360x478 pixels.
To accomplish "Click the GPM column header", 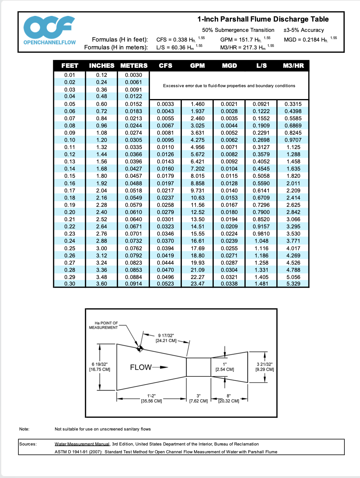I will coord(197,66).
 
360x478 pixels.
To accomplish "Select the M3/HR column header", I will coord(293,66).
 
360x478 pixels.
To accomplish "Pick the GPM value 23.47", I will coord(197,284).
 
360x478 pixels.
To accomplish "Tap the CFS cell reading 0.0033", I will coord(165,104).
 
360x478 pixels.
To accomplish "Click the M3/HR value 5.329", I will coord(293,284).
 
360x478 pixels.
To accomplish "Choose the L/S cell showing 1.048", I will coord(261,241).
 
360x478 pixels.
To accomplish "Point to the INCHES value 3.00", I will coord(102,248).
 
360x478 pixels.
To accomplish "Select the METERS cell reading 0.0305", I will coord(133,140).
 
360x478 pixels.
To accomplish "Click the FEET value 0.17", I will coord(70,191).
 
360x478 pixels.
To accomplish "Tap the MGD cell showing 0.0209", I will coord(229,227).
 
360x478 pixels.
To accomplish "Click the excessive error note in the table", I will coord(229,86).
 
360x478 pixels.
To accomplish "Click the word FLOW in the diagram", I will coord(141,367).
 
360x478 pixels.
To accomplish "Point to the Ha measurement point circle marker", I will coord(140,349).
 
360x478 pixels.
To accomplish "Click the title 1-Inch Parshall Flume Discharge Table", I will coord(263,19).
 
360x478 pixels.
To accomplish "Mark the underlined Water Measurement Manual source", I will coord(82,444).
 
